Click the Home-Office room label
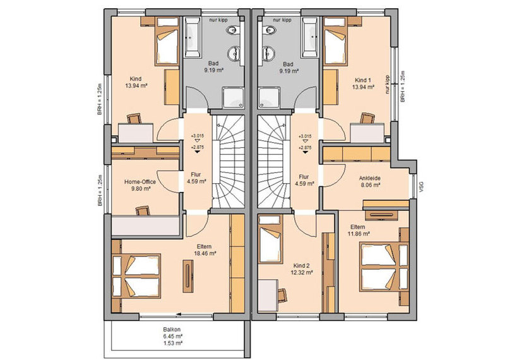[x=140, y=182]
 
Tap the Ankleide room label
[x=370, y=178]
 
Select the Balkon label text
[x=172, y=330]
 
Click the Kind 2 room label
[x=301, y=266]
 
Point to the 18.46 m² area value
[x=206, y=253]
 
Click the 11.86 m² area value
[x=359, y=234]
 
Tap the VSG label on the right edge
[x=421, y=187]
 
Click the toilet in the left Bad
[x=233, y=30]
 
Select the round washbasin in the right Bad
[x=269, y=53]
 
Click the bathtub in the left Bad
[x=193, y=37]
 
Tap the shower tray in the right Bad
[x=270, y=97]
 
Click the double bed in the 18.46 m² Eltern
[x=136, y=276]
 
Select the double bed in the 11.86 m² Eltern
[x=384, y=267]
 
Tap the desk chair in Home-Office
[x=143, y=211]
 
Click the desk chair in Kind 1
[x=367, y=118]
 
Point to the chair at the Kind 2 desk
[x=282, y=296]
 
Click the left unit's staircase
[x=228, y=162]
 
